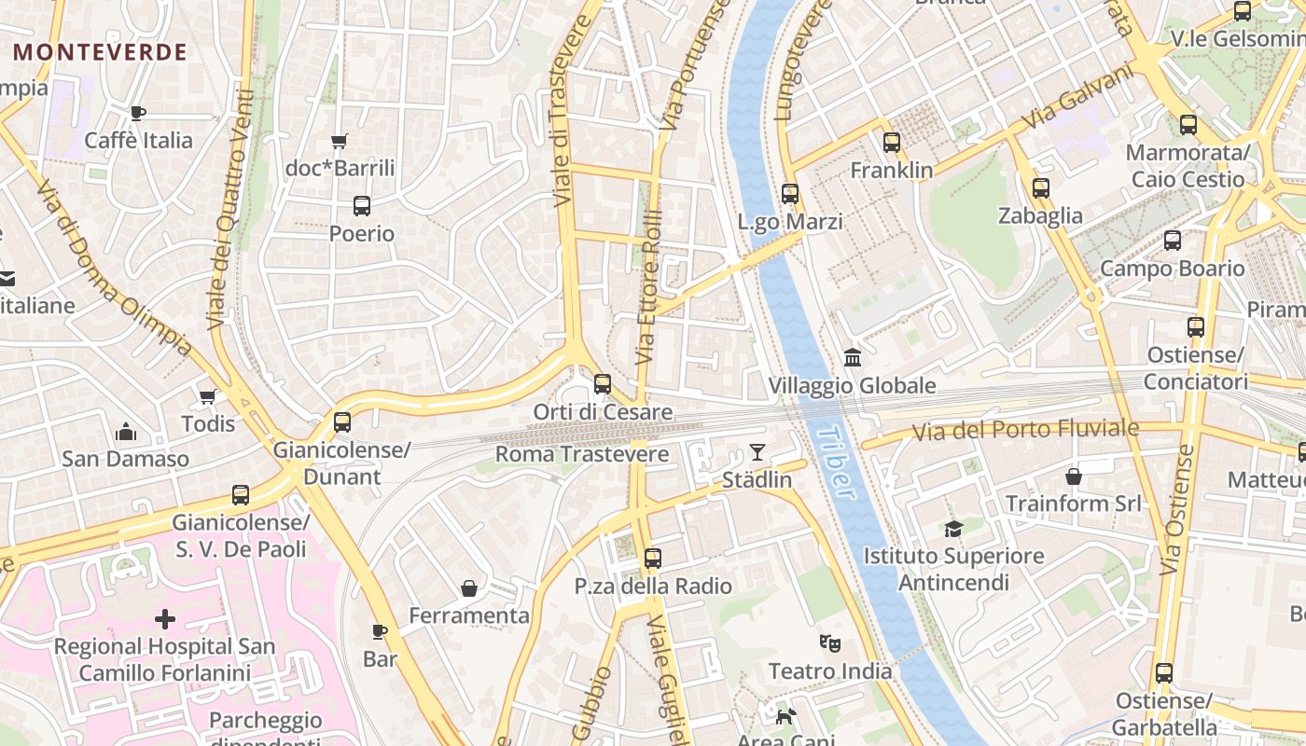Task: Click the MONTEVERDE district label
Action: click(101, 52)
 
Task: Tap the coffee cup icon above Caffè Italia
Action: click(138, 114)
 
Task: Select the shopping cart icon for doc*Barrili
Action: click(340, 142)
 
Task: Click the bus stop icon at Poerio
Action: click(362, 206)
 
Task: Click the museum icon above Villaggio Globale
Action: click(852, 357)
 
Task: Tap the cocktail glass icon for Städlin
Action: click(757, 453)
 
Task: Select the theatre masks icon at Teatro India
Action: click(829, 642)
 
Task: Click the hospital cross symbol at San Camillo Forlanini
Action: click(165, 618)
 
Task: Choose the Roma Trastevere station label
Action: click(581, 454)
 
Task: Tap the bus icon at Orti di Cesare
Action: click(603, 383)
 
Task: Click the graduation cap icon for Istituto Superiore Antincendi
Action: click(953, 529)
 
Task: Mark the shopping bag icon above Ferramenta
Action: click(469, 588)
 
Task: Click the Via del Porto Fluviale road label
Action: click(1025, 430)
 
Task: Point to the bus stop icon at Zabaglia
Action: click(1041, 188)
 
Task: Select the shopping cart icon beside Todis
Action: click(208, 397)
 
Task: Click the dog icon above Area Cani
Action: click(786, 716)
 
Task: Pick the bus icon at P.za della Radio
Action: click(653, 559)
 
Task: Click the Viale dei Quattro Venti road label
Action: click(230, 210)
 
